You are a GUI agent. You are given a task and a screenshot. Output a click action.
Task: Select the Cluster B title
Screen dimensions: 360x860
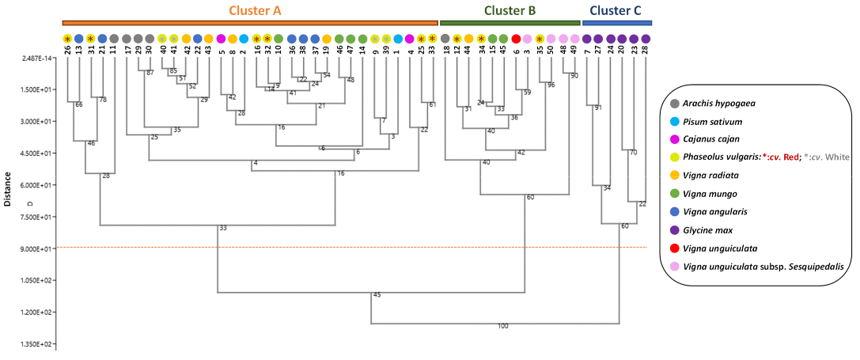pos(510,10)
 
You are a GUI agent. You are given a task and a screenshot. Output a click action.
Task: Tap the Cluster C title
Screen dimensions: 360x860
pos(616,10)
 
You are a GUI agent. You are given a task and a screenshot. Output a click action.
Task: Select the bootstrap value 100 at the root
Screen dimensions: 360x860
pos(502,326)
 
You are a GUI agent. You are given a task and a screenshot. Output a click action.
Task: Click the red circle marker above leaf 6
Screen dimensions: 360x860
pos(516,38)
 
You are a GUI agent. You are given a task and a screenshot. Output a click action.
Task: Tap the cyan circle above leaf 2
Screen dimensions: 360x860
pos(244,38)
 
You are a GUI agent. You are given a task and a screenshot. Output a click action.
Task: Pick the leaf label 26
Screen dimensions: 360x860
pos(67,50)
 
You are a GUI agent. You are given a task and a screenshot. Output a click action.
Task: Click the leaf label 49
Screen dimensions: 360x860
pos(574,50)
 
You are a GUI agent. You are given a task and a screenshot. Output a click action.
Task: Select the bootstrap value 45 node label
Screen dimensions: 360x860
pos(377,295)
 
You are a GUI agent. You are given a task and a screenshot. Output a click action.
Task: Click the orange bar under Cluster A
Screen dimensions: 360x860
pos(250,23)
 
